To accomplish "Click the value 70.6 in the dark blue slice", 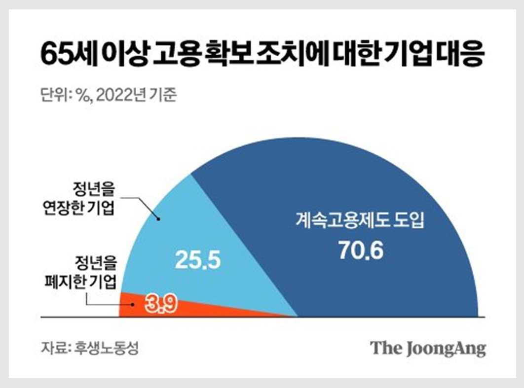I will tap(361, 250).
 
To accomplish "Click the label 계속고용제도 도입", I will tap(361, 220).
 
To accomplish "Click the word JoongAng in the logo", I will tap(447, 348).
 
